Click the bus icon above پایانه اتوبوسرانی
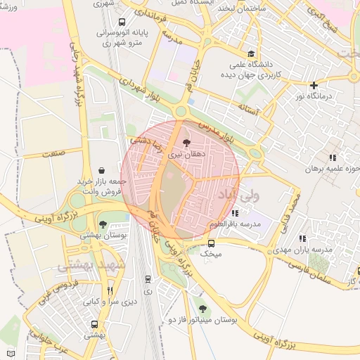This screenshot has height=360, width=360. coord(123,21)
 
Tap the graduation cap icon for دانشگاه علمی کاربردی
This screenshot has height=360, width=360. coord(252,53)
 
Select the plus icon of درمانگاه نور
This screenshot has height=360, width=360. coord(314,85)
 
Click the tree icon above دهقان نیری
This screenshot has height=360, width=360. coord(186,143)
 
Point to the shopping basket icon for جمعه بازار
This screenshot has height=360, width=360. coord(103,169)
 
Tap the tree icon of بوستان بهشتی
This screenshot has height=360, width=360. coord(103,224)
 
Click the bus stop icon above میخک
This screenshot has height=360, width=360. coord(212,243)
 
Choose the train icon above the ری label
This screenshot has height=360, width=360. coord(148,279)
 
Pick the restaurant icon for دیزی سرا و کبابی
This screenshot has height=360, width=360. coord(110,290)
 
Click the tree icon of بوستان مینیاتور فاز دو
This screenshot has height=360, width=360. coord(202,309)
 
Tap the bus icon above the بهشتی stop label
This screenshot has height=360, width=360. coord(95,324)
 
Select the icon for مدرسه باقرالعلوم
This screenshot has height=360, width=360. coord(234,213)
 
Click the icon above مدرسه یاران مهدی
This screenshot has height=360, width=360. coord(302,239)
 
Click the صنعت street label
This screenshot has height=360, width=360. coord(53,152)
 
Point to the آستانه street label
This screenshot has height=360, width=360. coord(250,109)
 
